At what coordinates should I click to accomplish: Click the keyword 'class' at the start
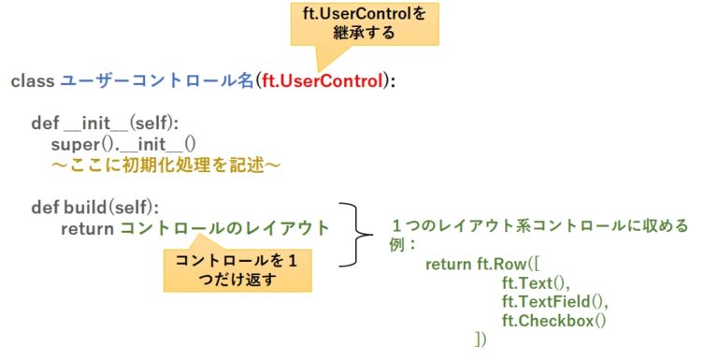point(33,81)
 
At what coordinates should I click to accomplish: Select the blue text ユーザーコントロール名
point(157,81)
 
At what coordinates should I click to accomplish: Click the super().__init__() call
point(123,144)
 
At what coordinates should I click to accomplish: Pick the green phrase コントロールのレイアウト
point(224,227)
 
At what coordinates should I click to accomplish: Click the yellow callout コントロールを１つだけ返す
point(237,269)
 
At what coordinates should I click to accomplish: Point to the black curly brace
point(353,234)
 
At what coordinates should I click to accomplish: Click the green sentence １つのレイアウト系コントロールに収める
point(539,226)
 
